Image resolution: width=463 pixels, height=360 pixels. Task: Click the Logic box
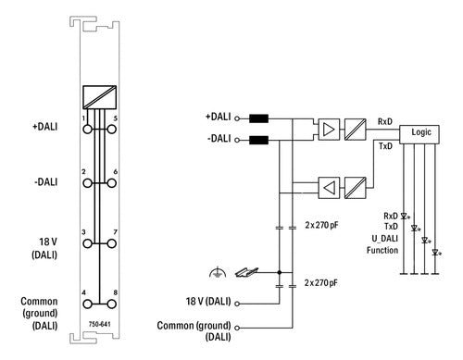pos(419,134)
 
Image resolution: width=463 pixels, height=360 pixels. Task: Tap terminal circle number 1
pos(88,130)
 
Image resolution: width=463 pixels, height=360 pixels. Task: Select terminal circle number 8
pos(112,304)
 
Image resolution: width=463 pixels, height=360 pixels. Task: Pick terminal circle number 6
pos(112,183)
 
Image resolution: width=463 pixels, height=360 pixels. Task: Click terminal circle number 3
pos(88,243)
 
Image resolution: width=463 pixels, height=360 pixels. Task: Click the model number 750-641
pos(99,324)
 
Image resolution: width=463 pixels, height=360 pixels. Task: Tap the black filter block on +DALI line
pos(258,118)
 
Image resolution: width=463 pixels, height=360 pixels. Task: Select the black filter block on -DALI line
pos(258,141)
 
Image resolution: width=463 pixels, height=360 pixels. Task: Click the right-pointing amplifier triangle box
pos(329,130)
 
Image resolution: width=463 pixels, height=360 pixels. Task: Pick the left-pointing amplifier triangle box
pos(329,188)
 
